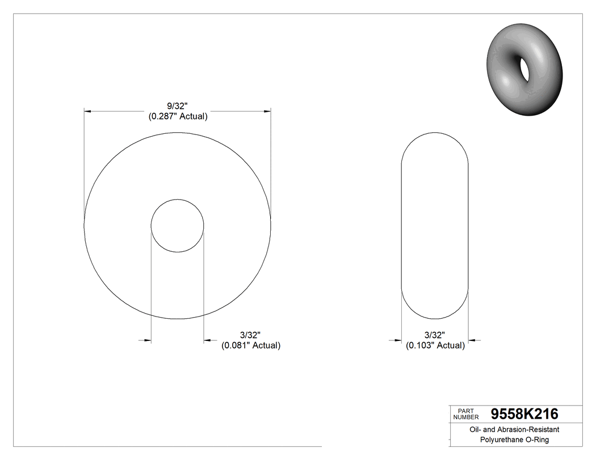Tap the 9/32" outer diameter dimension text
[177, 106]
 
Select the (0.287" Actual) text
[177, 117]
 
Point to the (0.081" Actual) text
[250, 345]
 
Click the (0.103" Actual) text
[435, 345]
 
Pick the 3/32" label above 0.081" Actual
[250, 335]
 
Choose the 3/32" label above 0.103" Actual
[435, 335]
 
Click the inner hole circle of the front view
[177, 225]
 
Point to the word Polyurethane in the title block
[502, 440]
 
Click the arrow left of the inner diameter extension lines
[146, 340]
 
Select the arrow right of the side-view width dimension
[472, 340]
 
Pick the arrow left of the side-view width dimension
[397, 340]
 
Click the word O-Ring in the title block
[536, 440]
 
